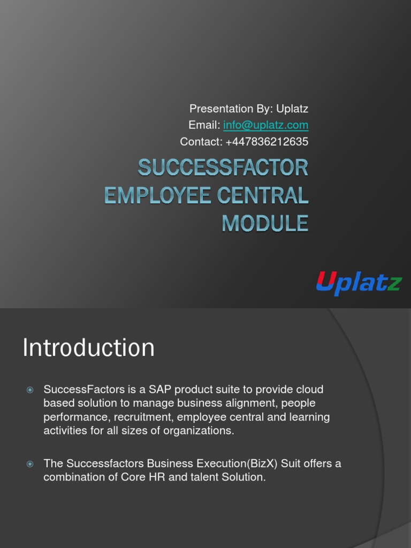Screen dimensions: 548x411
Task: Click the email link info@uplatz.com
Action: [265, 125]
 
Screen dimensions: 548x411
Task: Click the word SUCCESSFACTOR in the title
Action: [223, 168]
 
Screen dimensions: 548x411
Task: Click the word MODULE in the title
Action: [265, 223]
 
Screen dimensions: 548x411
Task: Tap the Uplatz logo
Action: [358, 282]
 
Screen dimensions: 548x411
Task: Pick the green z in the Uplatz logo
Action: [394, 284]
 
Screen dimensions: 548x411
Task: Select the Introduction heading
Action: [88, 348]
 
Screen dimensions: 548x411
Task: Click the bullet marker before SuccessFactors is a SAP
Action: [30, 390]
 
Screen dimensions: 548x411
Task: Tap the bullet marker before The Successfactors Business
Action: [30, 464]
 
